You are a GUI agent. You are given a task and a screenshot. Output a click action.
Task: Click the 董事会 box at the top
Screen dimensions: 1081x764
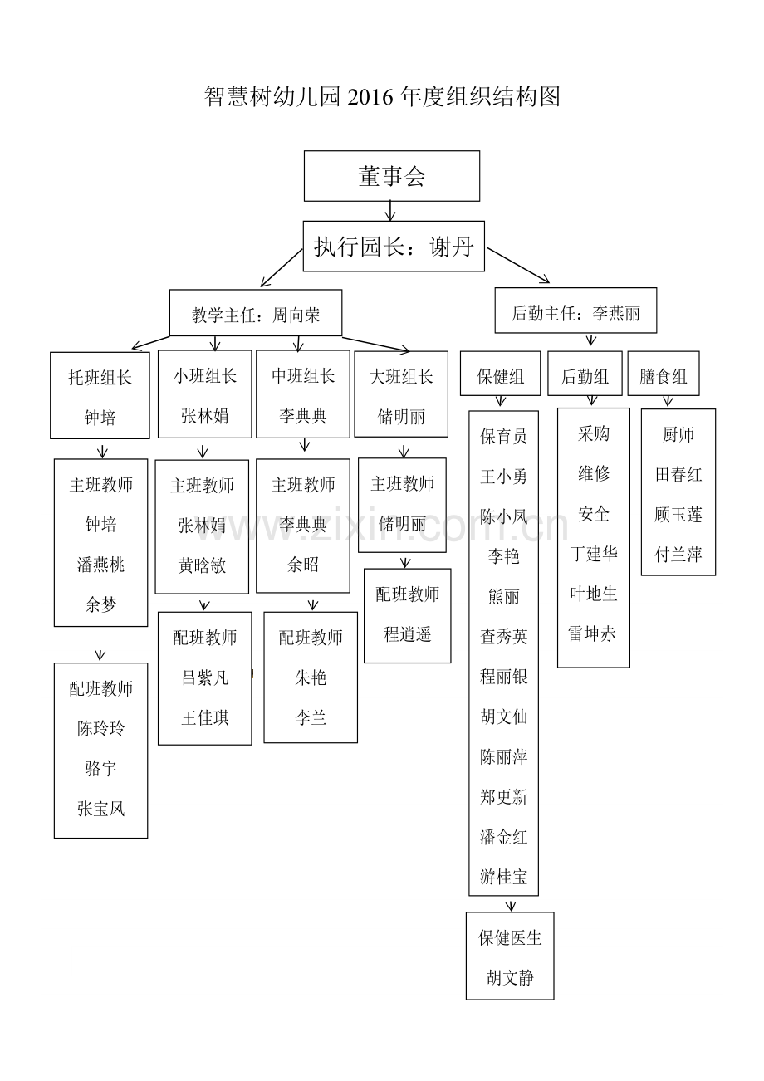(392, 176)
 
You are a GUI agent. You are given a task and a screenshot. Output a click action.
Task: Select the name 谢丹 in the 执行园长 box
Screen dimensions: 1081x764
(452, 247)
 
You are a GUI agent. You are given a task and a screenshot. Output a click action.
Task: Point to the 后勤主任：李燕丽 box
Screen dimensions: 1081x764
(575, 313)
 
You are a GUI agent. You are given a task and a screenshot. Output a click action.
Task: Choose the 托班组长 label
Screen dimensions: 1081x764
(100, 377)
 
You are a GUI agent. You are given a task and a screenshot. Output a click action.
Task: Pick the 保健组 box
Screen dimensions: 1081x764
(501, 376)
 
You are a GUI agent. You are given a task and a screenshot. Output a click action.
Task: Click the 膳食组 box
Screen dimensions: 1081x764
(664, 376)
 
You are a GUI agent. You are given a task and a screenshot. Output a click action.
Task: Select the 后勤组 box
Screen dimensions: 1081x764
(585, 376)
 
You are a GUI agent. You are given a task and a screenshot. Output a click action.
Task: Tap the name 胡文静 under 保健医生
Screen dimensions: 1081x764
(510, 977)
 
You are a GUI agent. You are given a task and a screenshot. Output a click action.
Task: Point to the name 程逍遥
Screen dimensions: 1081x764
(407, 634)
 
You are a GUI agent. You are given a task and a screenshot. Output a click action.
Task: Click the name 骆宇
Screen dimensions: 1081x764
(100, 768)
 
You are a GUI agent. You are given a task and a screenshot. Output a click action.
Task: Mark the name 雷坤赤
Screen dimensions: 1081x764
(592, 633)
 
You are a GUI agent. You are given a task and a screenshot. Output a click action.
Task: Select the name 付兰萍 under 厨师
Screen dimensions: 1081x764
(678, 555)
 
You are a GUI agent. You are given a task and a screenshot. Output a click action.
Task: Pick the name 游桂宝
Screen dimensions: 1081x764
(503, 876)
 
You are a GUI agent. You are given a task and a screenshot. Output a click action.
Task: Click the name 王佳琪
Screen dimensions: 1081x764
(204, 717)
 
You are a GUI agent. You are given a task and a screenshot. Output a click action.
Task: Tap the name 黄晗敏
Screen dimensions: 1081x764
(202, 565)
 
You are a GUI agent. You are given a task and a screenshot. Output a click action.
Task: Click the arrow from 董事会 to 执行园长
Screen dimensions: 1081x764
(391, 211)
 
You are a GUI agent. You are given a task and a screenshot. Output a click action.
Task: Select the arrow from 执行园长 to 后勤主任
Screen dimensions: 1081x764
(518, 265)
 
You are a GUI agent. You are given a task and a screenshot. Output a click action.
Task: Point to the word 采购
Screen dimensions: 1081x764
(594, 433)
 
